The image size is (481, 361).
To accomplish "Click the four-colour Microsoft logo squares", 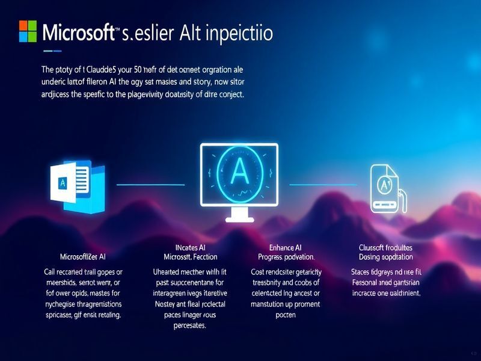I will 28,31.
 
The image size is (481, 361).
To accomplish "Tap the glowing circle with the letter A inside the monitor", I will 239,173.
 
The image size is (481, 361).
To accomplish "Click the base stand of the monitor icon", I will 239,215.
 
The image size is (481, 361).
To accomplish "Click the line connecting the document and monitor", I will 150,184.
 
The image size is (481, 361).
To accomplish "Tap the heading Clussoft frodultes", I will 385,247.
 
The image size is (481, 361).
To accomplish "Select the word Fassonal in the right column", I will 368,282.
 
